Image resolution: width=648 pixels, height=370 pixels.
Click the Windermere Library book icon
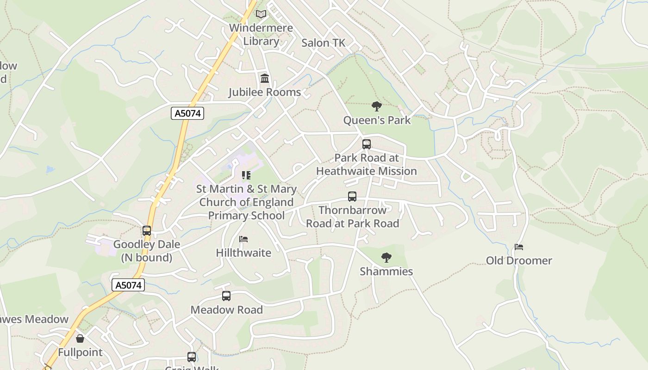tap(261, 14)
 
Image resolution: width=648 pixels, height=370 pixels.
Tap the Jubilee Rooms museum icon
tap(265, 79)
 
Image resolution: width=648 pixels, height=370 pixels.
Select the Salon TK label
tap(323, 43)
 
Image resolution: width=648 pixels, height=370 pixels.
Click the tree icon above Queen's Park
tap(377, 106)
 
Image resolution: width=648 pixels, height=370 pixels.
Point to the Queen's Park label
tap(377, 120)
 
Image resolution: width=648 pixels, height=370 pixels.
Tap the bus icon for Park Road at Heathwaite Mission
tap(367, 144)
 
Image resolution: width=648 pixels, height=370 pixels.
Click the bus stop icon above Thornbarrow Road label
tap(352, 197)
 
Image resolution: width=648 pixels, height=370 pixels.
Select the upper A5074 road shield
tap(187, 113)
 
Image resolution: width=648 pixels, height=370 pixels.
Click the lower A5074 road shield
tap(128, 285)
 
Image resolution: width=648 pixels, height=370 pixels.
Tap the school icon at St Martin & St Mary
tap(246, 175)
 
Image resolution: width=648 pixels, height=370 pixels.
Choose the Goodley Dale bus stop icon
tap(147, 230)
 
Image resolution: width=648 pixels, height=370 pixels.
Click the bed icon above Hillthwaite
tap(243, 239)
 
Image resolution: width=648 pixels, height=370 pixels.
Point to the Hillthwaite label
tap(243, 253)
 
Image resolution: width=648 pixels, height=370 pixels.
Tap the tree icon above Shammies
tap(386, 258)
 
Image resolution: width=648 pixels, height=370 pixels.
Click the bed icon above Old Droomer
tap(519, 247)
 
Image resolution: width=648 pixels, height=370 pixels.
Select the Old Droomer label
tap(519, 260)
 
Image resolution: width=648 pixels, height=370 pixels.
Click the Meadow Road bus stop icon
tap(226, 296)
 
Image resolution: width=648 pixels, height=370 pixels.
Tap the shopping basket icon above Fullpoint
tap(80, 339)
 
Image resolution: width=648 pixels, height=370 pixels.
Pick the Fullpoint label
tap(80, 352)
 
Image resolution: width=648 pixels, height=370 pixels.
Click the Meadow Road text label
tap(226, 310)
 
